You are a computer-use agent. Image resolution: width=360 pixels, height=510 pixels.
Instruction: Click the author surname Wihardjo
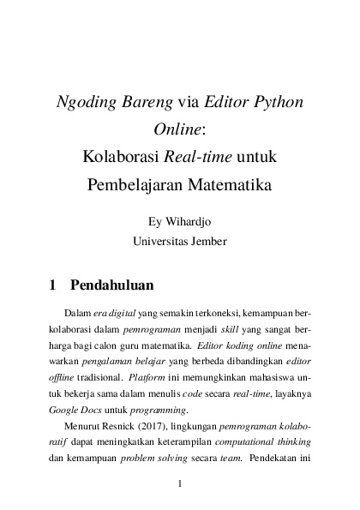pos(193,221)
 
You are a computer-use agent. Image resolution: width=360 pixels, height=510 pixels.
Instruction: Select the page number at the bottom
pos(180,485)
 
